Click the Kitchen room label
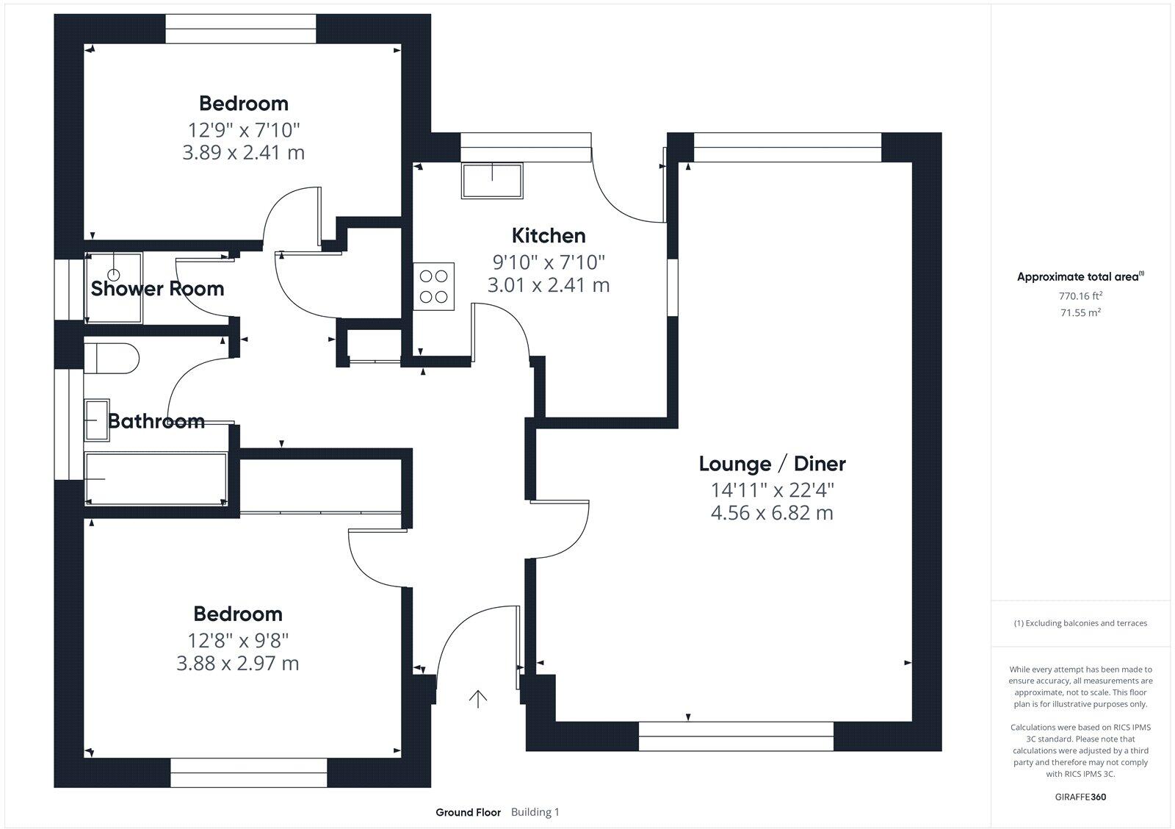(x=549, y=236)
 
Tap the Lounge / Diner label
(x=772, y=464)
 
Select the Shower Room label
(x=157, y=289)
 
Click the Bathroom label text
(x=156, y=421)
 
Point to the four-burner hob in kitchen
(x=433, y=287)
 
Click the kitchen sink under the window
(x=492, y=181)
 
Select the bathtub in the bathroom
(x=156, y=479)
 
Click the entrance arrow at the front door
(x=478, y=699)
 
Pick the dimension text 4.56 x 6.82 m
(x=772, y=513)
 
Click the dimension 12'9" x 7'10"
(x=244, y=130)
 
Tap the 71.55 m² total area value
(x=1080, y=312)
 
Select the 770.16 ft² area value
(x=1080, y=296)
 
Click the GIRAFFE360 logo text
(x=1080, y=797)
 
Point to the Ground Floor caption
(x=468, y=812)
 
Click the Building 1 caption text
(x=535, y=812)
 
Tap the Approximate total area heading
(x=1079, y=277)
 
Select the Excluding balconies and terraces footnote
(x=1080, y=623)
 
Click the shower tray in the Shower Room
(x=114, y=288)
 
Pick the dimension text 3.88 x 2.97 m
(x=237, y=664)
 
